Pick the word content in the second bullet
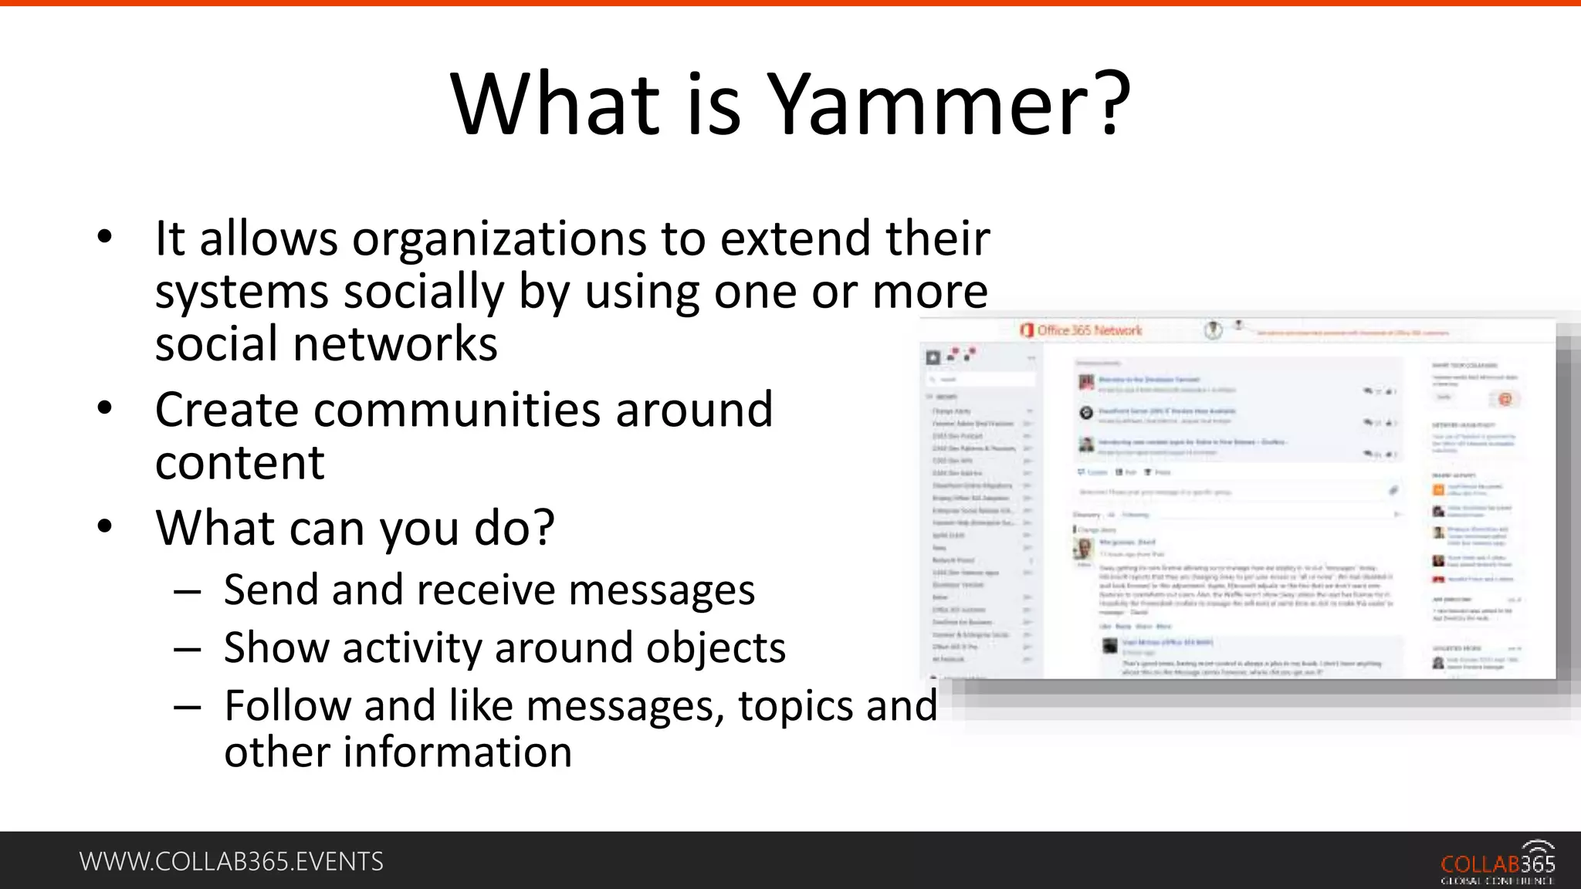coord(239,463)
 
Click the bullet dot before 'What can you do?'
coord(105,526)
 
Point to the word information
coord(457,752)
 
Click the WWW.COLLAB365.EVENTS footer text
coord(231,861)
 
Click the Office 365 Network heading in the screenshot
coord(1089,331)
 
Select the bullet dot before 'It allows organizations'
coord(105,237)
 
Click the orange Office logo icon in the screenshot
coord(1026,331)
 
